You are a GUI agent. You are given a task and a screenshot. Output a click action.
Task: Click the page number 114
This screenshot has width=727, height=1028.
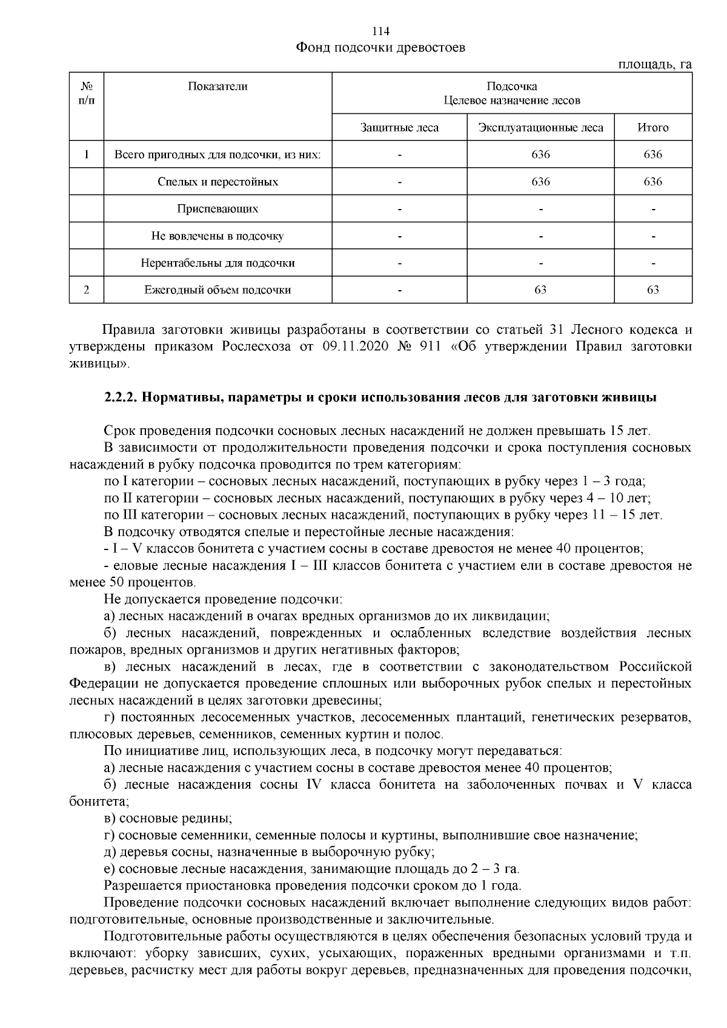tap(381, 32)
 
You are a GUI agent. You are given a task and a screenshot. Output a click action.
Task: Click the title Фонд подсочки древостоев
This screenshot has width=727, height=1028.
tap(380, 47)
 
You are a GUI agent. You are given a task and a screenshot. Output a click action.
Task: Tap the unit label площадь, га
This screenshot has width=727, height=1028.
tap(654, 65)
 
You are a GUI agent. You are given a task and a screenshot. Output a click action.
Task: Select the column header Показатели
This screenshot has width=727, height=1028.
tap(217, 87)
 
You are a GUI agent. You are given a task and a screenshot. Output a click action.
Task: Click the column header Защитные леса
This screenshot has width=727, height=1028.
tap(399, 128)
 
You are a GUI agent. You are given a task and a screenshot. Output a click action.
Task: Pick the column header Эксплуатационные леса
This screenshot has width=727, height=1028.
tap(540, 128)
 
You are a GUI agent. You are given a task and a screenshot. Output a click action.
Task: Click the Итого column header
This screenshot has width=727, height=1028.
tap(652, 128)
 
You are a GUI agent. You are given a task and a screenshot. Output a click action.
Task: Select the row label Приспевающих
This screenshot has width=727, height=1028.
tap(217, 209)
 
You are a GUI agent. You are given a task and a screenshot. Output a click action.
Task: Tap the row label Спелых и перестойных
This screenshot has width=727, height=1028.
tap(217, 182)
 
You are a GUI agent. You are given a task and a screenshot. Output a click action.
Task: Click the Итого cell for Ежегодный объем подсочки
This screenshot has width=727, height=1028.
tap(652, 290)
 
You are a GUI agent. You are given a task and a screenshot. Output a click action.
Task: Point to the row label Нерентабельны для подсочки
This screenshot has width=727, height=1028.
tap(217, 264)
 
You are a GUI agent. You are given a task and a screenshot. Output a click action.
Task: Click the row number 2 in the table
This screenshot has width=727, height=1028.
tap(87, 290)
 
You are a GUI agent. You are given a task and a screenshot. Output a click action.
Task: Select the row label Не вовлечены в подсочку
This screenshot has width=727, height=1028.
tap(217, 236)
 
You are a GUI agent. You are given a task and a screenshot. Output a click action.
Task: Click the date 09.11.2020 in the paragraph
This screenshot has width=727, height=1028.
tap(352, 347)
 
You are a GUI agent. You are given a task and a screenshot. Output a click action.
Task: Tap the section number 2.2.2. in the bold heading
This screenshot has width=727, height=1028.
tap(122, 399)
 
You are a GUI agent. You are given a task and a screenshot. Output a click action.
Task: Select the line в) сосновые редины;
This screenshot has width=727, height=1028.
tap(168, 819)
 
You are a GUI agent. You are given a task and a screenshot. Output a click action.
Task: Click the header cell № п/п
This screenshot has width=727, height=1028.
tap(87, 93)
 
